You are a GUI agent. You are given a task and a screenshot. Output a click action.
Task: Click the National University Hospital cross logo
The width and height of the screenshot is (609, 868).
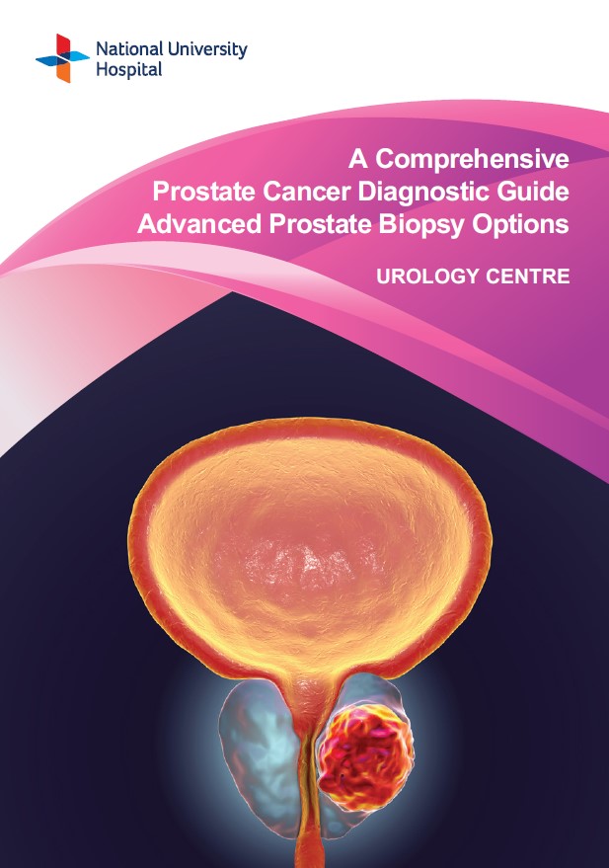pyautogui.click(x=62, y=58)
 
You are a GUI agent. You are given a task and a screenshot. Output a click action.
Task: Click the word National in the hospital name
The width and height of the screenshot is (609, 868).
pyautogui.click(x=129, y=49)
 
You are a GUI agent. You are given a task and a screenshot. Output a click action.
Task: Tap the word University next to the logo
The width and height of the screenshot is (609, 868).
pyautogui.click(x=207, y=50)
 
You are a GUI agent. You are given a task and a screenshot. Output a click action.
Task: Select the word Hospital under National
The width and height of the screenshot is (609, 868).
pyautogui.click(x=129, y=71)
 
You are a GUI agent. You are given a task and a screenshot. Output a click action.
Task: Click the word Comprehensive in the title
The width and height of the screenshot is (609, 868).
pyautogui.click(x=473, y=160)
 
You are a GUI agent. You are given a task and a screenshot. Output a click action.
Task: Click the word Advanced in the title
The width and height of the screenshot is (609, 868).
pyautogui.click(x=199, y=223)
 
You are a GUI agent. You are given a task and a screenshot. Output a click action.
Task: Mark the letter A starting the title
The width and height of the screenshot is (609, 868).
pyautogui.click(x=358, y=160)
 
